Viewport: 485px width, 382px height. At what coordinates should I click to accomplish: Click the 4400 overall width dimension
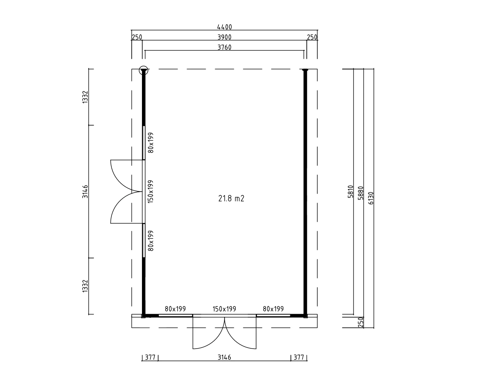point(225,27)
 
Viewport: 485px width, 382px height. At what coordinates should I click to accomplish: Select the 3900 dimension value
point(225,37)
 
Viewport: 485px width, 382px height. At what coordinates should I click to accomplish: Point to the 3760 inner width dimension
point(225,47)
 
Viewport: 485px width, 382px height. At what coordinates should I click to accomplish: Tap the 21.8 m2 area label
point(231,198)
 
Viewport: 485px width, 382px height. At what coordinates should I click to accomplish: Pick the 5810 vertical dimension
point(350,192)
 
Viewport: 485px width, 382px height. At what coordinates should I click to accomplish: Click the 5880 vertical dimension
point(361,193)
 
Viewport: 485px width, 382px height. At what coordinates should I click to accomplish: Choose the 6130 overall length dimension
point(371,198)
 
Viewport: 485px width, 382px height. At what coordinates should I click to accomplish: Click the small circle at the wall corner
point(144,70)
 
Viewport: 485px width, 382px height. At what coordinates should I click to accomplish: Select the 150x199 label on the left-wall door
point(150,192)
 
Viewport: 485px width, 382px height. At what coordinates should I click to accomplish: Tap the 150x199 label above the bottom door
point(224,309)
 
